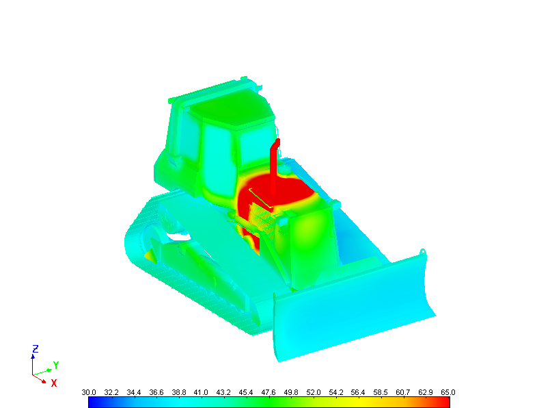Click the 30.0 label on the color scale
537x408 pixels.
coord(89,392)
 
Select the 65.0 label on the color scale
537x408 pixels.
coord(448,392)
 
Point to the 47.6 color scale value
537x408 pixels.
coord(268,392)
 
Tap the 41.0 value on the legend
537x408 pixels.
coord(201,392)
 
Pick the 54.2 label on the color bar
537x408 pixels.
coord(335,392)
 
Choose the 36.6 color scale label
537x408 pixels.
coord(156,392)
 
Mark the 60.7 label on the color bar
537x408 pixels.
coord(403,392)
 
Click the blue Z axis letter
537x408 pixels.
coord(36,349)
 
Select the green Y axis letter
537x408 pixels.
coord(56,365)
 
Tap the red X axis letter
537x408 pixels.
coord(54,383)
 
